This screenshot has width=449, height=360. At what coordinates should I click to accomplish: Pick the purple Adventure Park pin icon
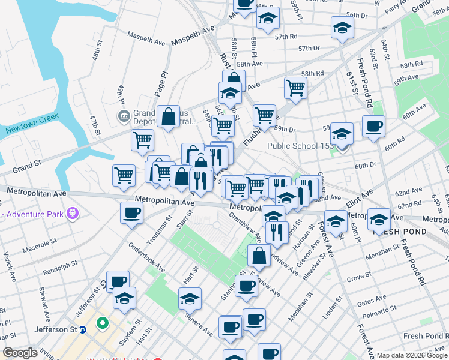[73, 213]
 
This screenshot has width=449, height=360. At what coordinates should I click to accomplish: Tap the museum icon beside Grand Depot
[124, 115]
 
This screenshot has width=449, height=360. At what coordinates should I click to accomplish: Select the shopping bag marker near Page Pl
[170, 116]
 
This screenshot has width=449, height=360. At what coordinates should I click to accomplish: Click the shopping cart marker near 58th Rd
[296, 88]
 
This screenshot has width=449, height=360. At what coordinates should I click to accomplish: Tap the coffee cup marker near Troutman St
[131, 212]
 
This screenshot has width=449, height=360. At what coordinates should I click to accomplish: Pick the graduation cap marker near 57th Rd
[342, 28]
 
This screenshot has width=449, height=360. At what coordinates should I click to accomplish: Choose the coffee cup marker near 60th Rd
[373, 127]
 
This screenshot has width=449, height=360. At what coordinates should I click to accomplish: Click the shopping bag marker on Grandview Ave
[259, 256]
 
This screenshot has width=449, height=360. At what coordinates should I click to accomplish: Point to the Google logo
[20, 353]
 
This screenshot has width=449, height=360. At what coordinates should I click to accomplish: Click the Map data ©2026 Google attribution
[411, 355]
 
